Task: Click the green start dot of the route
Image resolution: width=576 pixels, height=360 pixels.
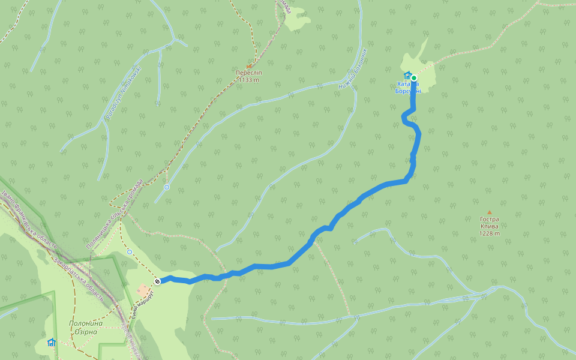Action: tap(413, 78)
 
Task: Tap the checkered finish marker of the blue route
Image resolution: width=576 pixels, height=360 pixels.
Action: tap(157, 281)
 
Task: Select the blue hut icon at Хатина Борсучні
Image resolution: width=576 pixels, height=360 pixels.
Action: tap(407, 76)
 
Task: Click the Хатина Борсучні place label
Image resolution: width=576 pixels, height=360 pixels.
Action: tap(408, 88)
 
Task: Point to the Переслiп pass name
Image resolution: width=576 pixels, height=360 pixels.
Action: tap(249, 73)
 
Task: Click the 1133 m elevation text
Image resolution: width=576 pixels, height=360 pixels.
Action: tap(249, 80)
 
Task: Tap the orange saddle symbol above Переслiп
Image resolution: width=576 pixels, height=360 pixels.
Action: tap(249, 65)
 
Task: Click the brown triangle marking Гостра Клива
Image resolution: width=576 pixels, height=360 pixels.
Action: tap(489, 212)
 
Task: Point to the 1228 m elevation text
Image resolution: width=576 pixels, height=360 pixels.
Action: tap(489, 234)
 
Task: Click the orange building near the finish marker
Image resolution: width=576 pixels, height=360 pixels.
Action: tap(143, 290)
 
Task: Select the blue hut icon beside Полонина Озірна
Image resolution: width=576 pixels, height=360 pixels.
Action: tap(51, 343)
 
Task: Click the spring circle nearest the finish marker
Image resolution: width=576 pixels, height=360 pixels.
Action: tap(130, 252)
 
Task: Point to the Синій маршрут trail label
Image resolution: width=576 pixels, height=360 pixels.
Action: tap(144, 305)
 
